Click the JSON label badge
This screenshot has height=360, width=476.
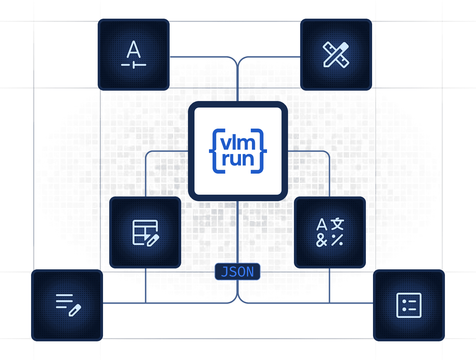click(237, 271)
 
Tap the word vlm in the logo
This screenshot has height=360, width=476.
click(238, 143)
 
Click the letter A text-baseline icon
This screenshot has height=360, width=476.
click(134, 55)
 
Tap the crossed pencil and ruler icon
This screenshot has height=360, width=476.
click(336, 55)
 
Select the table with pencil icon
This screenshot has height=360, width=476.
click(145, 233)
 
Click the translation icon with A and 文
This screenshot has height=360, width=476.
click(330, 233)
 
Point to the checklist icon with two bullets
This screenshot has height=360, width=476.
click(409, 305)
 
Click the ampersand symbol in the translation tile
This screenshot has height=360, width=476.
click(322, 240)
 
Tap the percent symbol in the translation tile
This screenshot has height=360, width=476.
click(337, 240)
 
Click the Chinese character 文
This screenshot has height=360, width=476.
click(337, 225)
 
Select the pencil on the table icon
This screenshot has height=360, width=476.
click(153, 240)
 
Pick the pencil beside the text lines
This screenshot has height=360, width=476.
click(75, 310)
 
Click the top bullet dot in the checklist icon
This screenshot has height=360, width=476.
click(404, 301)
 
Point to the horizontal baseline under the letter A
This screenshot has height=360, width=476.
click(134, 65)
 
